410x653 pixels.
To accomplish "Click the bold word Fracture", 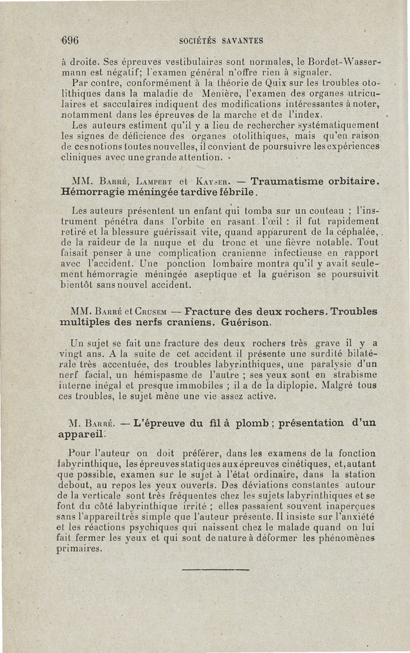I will (210, 312).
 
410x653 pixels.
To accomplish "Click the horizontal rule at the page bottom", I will (215, 569).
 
